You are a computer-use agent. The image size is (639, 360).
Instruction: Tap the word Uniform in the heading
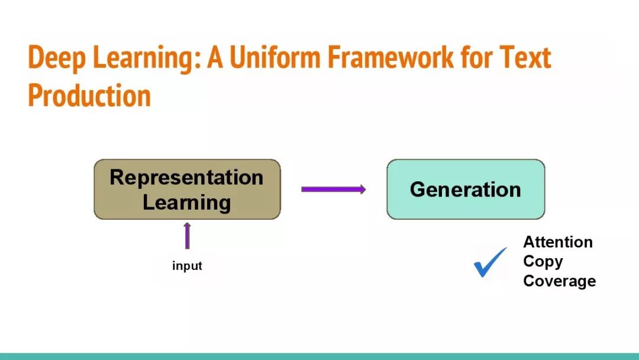[275, 57]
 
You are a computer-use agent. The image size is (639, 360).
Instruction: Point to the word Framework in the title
[390, 57]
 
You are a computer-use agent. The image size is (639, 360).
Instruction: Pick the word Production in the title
[89, 95]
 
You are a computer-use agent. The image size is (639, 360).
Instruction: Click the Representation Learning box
[188, 189]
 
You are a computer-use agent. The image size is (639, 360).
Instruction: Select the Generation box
[466, 189]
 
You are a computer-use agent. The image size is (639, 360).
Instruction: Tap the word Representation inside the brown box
[186, 178]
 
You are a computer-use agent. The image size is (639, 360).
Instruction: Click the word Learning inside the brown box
[186, 202]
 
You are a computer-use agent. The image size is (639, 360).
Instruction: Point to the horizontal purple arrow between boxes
[333, 189]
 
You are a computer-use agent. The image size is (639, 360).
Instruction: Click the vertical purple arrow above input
[187, 236]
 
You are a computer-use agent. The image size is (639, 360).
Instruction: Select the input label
[187, 266]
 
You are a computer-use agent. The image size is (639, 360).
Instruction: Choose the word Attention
[558, 242]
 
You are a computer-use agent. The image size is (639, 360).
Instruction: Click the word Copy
[543, 262]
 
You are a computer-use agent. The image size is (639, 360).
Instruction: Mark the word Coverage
[560, 281]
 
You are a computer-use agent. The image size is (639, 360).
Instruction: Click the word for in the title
[476, 57]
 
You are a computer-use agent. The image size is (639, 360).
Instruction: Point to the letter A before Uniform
[215, 57]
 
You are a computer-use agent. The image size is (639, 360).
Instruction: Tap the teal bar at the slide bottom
[319, 356]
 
